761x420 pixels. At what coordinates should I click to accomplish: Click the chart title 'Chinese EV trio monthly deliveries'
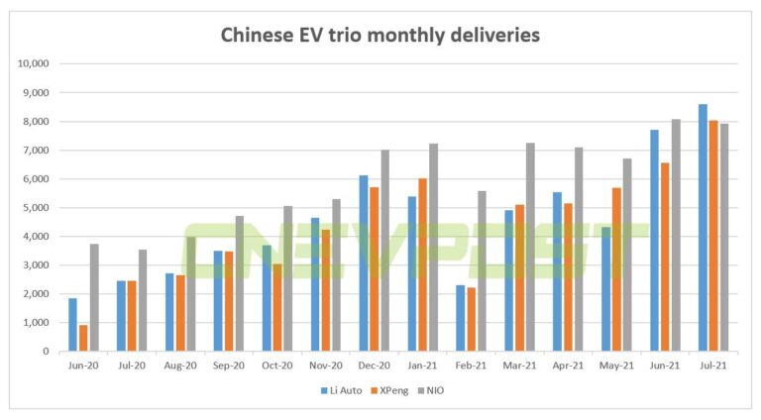point(380,37)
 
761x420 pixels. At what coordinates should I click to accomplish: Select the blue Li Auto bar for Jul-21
point(703,228)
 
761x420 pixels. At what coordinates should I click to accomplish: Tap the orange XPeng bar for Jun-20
point(83,338)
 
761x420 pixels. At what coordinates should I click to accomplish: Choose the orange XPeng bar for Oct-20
point(277,307)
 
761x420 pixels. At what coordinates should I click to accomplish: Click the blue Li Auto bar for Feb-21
point(460,318)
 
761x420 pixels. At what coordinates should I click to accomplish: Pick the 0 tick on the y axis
point(51,352)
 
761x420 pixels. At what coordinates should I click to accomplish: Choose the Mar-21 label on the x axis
point(520,365)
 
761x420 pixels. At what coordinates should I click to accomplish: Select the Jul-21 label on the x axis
point(714,365)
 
